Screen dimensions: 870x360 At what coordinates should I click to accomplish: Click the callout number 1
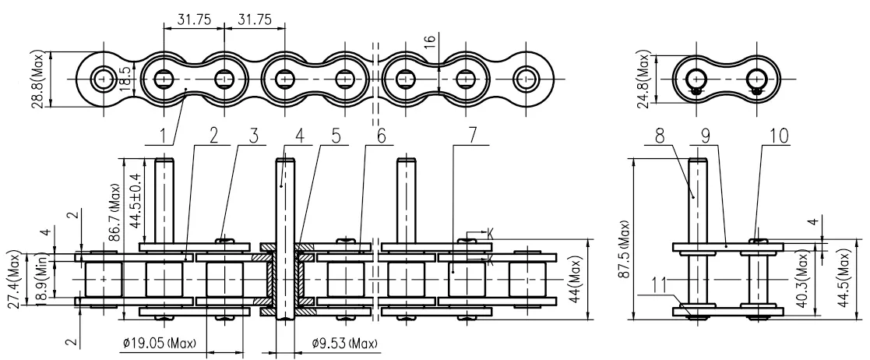[x=164, y=136]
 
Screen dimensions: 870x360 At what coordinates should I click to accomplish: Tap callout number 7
[x=472, y=136]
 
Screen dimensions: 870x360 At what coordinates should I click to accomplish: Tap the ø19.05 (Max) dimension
[x=160, y=344]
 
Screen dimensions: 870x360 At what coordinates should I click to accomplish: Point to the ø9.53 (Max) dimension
[x=344, y=344]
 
